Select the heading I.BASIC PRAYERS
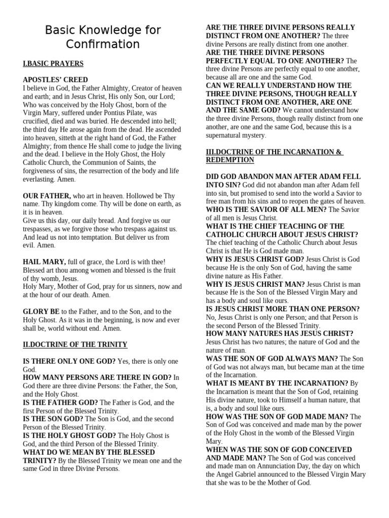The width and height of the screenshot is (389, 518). [53, 64]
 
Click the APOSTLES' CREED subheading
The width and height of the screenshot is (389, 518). [55, 79]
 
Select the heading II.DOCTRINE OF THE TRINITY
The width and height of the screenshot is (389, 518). [75, 344]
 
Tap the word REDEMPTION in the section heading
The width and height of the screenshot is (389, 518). [230, 160]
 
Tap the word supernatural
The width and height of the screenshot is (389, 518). [228, 135]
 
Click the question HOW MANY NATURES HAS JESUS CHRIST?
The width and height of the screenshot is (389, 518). [279, 333]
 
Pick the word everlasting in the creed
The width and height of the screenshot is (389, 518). [41, 179]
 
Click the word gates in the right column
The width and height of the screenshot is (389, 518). [324, 201]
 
